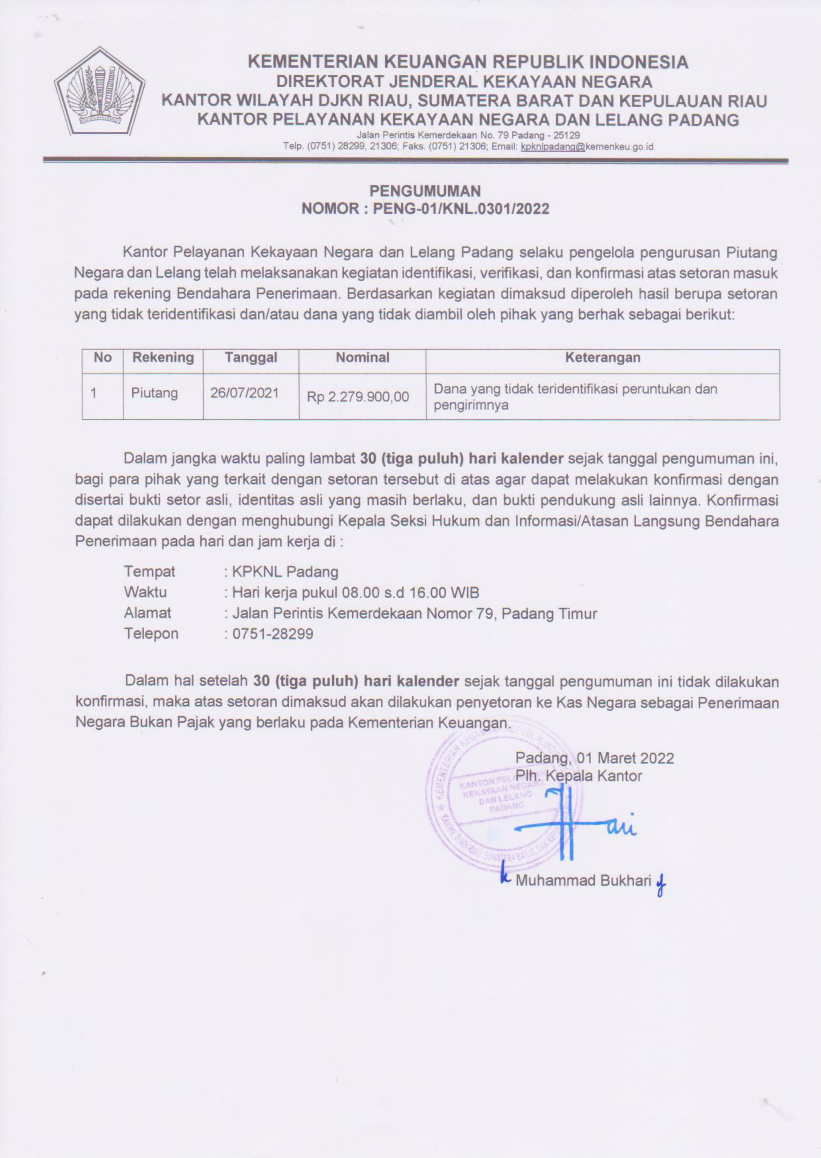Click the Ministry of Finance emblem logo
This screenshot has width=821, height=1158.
click(x=100, y=91)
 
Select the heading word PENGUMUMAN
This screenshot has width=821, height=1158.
click(x=425, y=191)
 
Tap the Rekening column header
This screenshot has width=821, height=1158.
click(x=163, y=358)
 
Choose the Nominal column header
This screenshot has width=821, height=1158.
click(x=362, y=358)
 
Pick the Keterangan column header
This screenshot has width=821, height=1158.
click(x=602, y=358)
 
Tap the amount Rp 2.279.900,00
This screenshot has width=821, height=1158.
click(x=358, y=397)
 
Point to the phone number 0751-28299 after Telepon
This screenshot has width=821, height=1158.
click(x=272, y=634)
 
